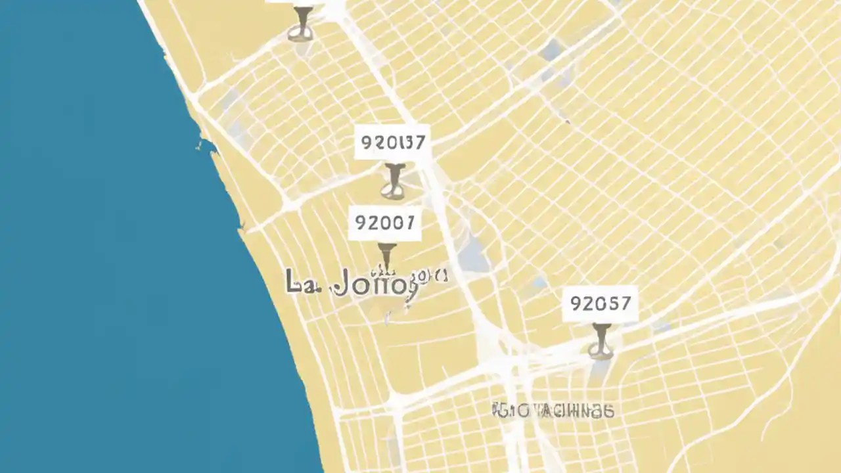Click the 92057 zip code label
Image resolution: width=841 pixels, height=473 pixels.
(x=601, y=304)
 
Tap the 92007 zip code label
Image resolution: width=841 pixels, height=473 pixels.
(x=384, y=223)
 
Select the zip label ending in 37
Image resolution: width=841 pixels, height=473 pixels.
(x=393, y=142)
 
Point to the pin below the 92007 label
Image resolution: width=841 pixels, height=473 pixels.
(x=387, y=256)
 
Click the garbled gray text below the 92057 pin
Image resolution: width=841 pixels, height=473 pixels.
(x=553, y=411)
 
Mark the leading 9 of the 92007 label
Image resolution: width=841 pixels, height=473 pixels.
(x=361, y=223)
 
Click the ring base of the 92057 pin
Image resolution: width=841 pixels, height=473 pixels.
(x=601, y=352)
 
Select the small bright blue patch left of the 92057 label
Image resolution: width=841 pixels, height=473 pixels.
(x=538, y=282)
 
